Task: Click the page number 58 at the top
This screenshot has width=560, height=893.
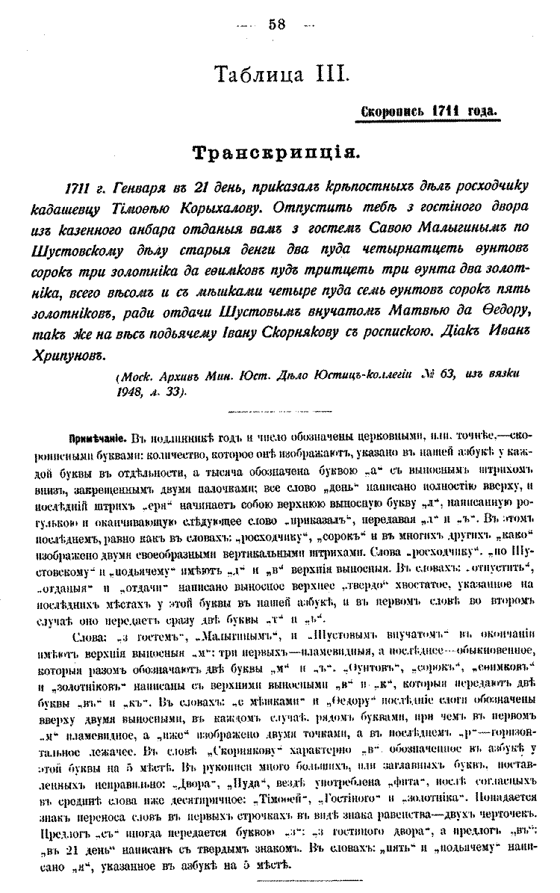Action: [x=277, y=24]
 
